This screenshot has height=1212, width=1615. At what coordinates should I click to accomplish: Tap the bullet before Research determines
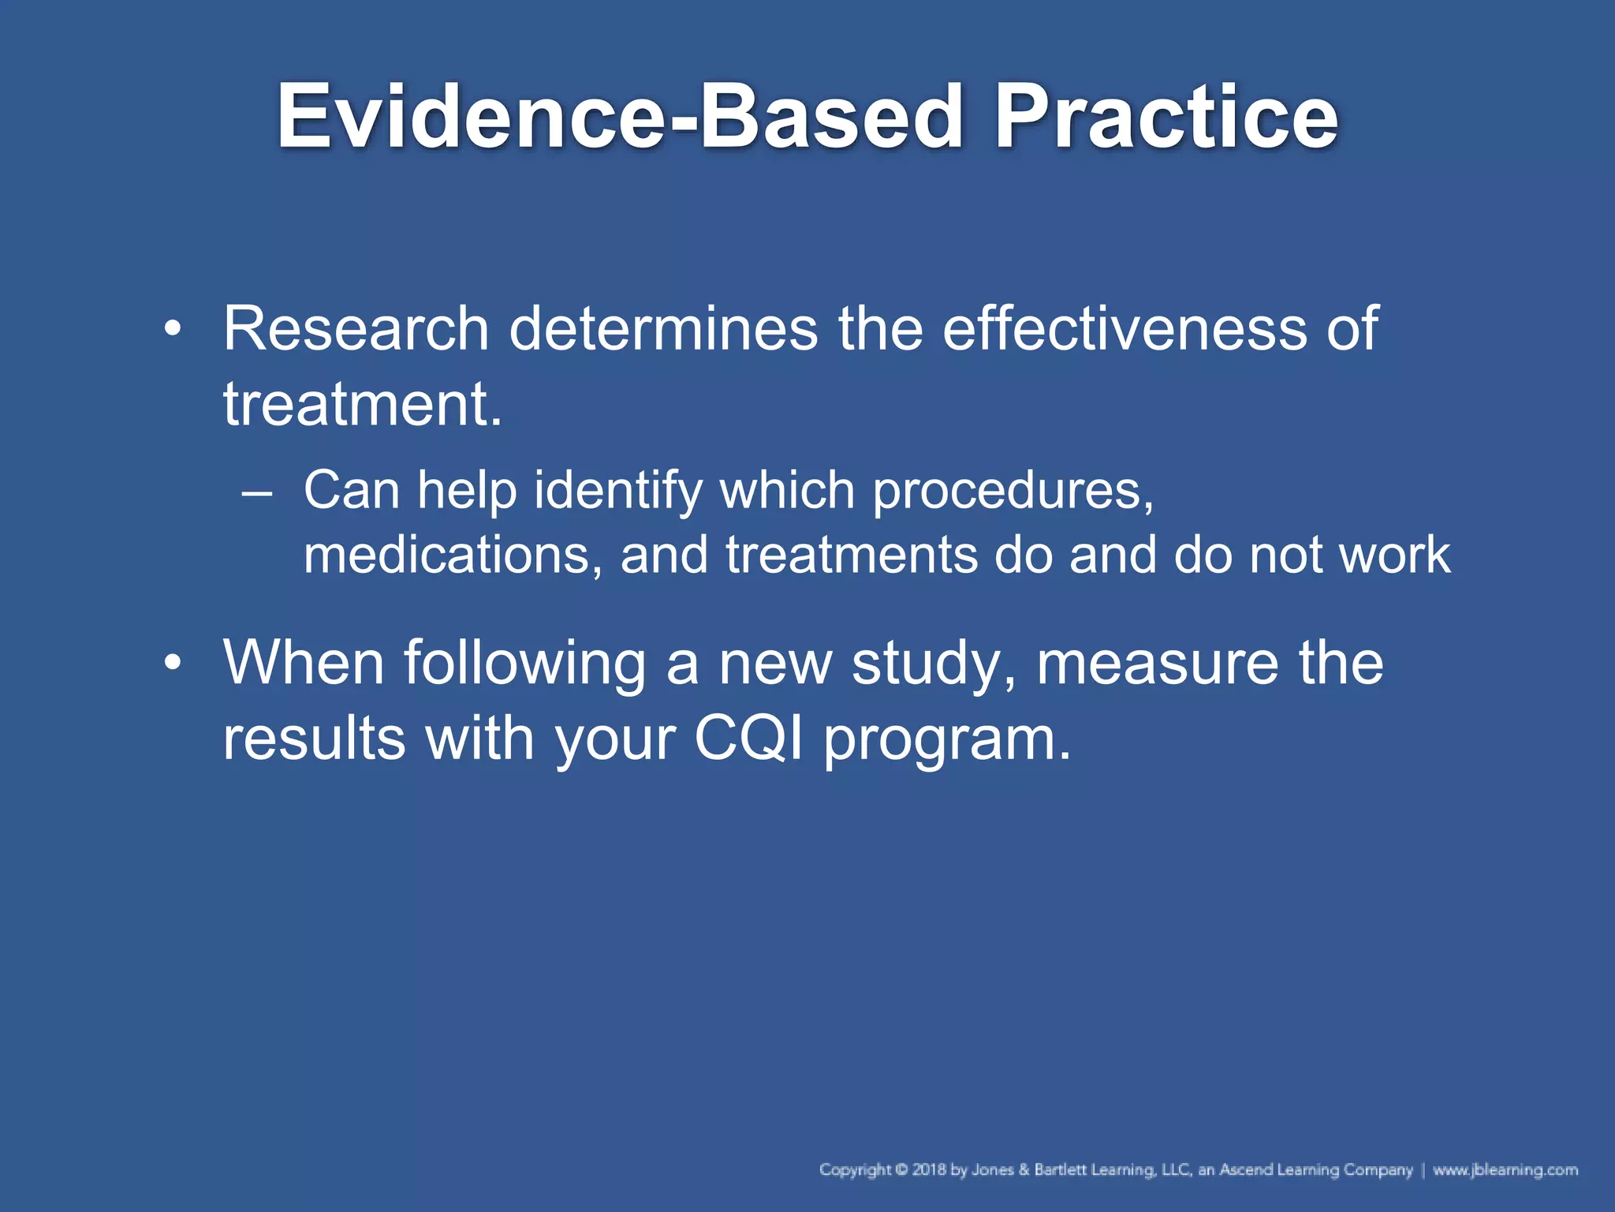[172, 328]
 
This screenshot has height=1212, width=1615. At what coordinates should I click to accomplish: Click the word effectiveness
[1124, 328]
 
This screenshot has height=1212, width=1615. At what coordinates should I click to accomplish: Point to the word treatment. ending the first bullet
[362, 404]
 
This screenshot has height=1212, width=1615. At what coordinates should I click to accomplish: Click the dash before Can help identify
[257, 492]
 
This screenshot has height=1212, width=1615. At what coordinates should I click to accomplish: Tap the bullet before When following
[172, 663]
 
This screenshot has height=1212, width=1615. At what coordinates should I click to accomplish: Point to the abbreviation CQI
[748, 739]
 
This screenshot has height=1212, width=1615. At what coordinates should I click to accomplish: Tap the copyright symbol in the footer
[902, 1169]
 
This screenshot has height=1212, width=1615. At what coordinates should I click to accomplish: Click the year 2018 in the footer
[929, 1169]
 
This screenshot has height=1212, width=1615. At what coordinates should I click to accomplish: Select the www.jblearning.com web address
[1505, 1169]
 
